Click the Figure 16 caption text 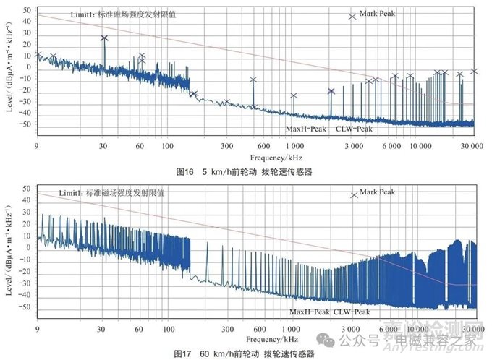(245, 172)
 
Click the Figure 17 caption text (245, 353)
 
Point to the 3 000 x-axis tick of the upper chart (352, 146)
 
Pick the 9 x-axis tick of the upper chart (36, 146)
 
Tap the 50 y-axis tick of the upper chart (26, 10)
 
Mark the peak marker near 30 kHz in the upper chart (104, 38)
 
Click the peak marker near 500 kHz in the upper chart (253, 80)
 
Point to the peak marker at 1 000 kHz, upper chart (294, 95)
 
